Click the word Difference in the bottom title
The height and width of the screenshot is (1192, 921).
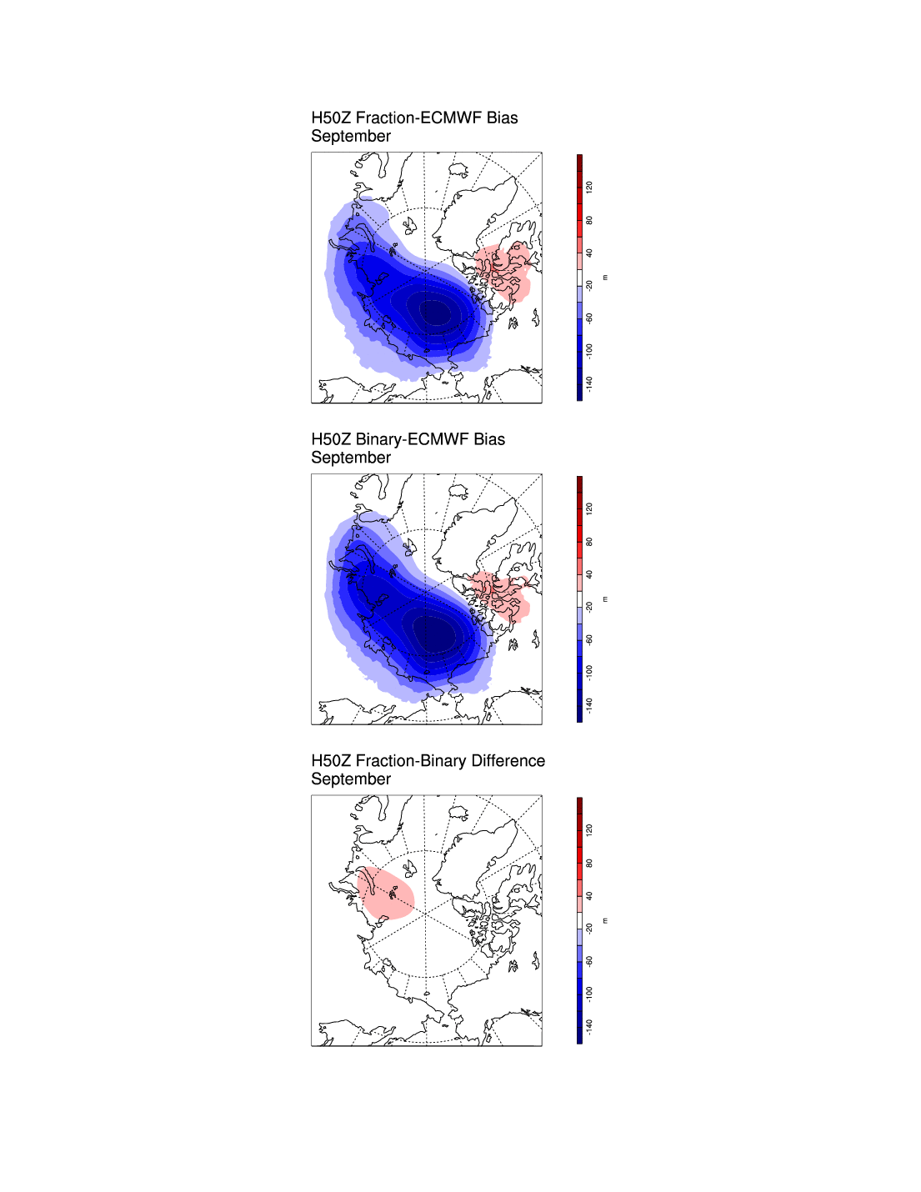(508, 761)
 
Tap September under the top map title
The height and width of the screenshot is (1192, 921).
(351, 137)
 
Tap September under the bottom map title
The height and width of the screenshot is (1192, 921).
(351, 779)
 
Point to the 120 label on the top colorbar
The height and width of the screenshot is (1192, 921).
(589, 187)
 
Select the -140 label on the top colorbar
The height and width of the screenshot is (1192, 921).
(589, 383)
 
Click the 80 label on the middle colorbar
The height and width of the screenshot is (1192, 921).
(589, 542)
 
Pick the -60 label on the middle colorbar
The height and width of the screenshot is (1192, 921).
(589, 639)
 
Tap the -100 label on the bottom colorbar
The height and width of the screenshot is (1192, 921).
(589, 993)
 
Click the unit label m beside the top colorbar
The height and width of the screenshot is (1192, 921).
(605, 278)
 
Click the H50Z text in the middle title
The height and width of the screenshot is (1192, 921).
(331, 439)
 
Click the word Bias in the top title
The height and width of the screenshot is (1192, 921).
(503, 118)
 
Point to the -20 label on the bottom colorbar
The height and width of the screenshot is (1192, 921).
(589, 928)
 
